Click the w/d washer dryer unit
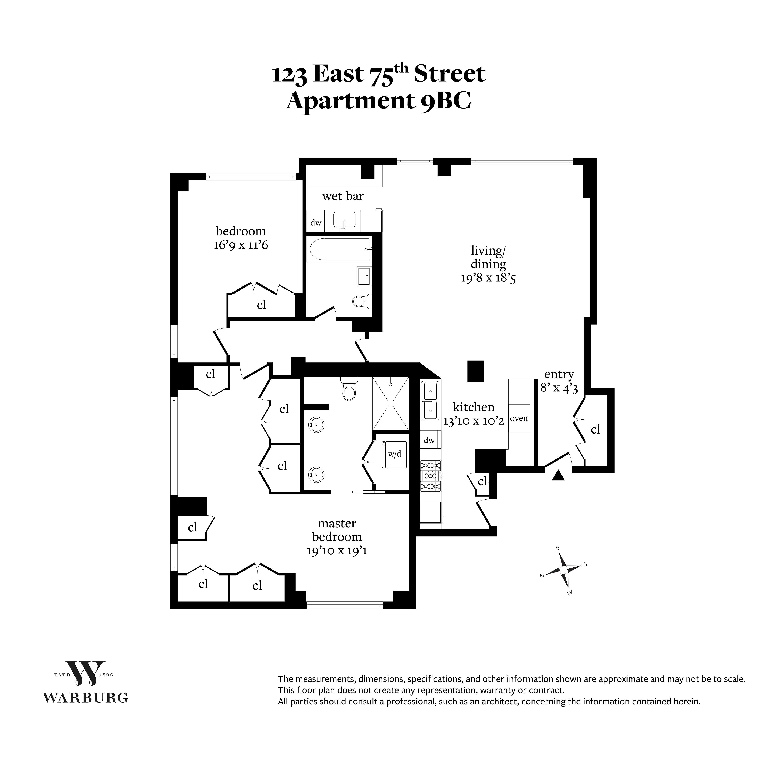tap(394, 454)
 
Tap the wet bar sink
tap(344, 220)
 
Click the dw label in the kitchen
tap(429, 441)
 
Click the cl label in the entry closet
tap(595, 430)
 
